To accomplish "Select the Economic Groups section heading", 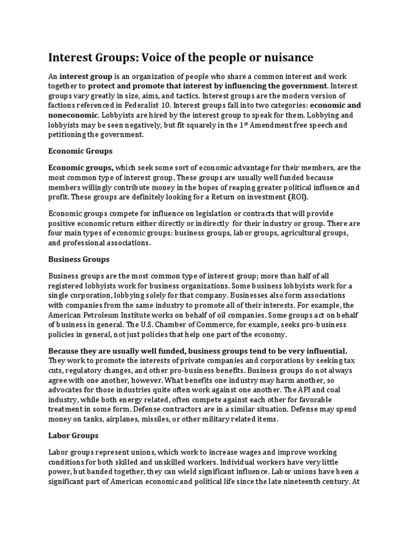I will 81,151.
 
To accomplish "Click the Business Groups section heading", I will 79,259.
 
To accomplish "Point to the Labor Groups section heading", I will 74,436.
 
